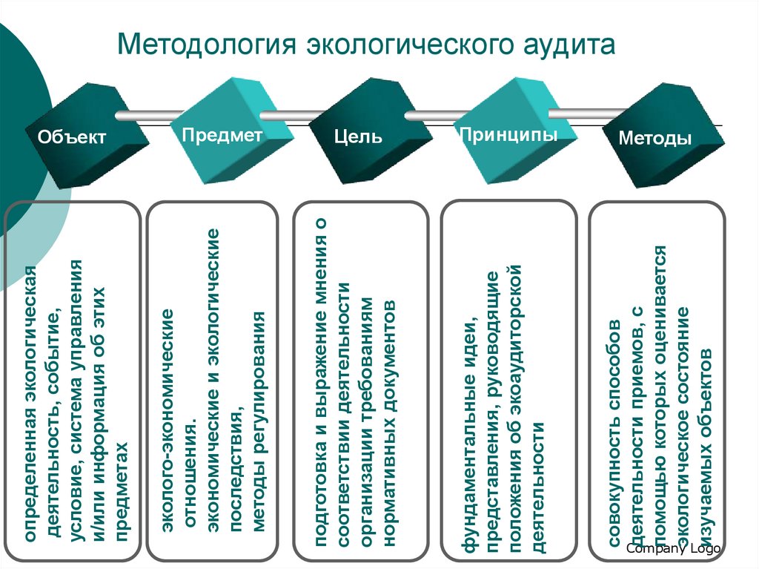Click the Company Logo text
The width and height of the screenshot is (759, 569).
[x=673, y=548]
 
